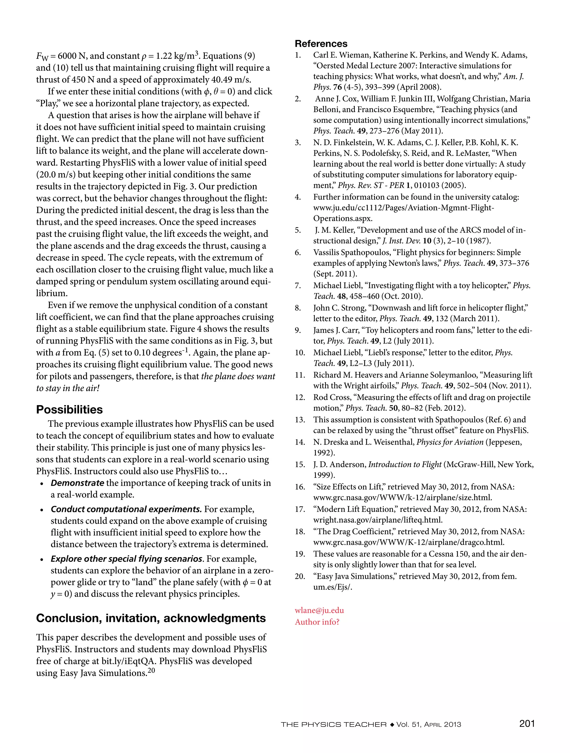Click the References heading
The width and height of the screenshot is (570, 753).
tap(321, 44)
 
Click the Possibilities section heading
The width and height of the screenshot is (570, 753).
tap(69, 410)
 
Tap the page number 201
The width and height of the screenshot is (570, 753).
tap(527, 723)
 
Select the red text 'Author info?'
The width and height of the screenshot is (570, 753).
tap(317, 622)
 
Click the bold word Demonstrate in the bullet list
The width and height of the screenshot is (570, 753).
tap(77, 483)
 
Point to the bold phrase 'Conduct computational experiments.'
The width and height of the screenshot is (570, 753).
tap(126, 509)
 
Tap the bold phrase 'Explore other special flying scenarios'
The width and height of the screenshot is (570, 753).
tap(127, 559)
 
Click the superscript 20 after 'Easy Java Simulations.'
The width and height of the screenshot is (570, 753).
tap(151, 671)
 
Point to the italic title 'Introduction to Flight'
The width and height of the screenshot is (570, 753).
tap(405, 465)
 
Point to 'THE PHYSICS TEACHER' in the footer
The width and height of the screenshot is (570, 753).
tap(333, 725)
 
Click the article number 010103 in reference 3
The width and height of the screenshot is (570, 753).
tap(429, 186)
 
